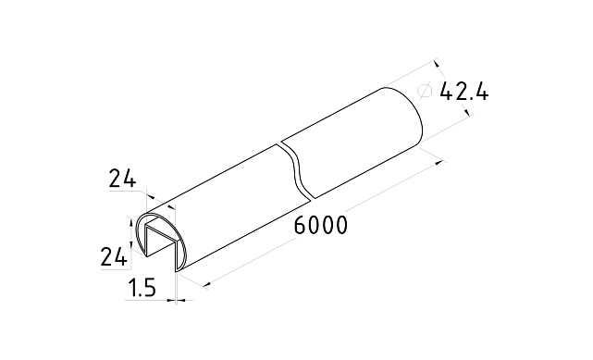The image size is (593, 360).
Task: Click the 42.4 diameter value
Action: (x=464, y=91)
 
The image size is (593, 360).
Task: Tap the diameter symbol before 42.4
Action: (x=425, y=91)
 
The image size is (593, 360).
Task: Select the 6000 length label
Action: (x=320, y=225)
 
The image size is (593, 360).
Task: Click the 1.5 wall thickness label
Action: (x=142, y=288)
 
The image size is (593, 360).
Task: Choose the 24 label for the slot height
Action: (x=113, y=256)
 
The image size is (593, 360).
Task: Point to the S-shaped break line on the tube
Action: (x=296, y=170)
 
